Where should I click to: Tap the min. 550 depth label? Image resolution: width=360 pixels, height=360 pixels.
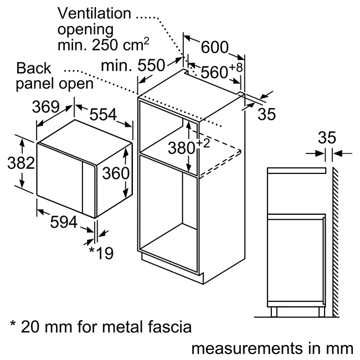coord(133,65)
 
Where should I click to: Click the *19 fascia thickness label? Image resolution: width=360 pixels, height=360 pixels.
coord(101,253)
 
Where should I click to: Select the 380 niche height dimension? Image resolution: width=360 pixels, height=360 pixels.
coord(181,147)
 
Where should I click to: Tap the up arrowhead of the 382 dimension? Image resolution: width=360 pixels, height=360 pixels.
coord(22,140)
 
